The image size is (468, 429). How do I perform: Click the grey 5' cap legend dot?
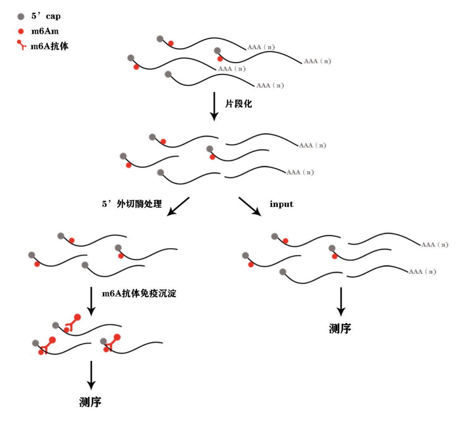tap(21, 16)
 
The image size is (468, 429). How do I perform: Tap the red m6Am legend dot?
tap(21, 31)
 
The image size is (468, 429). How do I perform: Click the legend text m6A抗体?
tap(49, 46)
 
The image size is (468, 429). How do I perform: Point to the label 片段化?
tap(238, 104)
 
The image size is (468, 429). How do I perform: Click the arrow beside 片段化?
tap(214, 106)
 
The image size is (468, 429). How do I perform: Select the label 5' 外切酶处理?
tap(132, 204)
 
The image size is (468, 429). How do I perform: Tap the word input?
tap(281, 204)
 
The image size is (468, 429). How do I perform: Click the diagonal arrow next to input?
tap(250, 206)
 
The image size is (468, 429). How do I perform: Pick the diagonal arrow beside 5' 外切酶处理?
tap(178, 206)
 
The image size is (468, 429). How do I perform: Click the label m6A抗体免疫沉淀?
tap(139, 294)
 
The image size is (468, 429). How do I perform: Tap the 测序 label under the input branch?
tap(340, 329)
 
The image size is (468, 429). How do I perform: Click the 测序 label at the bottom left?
tap(90, 402)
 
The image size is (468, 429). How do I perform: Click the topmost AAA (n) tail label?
tap(261, 47)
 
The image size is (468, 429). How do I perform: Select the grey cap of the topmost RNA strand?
tap(160, 39)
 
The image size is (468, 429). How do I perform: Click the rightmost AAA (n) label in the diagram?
tap(435, 245)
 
